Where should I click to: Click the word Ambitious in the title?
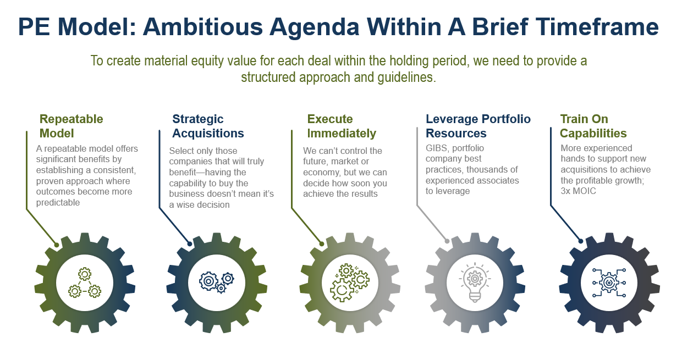pos(202,27)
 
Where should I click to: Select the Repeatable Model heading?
pos(71,126)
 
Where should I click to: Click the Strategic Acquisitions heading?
pos(208,126)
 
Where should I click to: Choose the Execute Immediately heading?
pos(342,126)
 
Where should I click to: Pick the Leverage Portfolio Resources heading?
pos(478,126)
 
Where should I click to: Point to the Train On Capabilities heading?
pos(593,126)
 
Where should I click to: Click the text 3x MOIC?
pos(578,191)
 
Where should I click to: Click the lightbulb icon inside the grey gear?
pos(475,283)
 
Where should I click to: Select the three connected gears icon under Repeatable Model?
pos(85,283)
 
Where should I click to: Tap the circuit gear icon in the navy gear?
pos(609,283)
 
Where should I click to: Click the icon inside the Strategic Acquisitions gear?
pos(217,283)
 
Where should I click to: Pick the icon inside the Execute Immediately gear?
pos(350,283)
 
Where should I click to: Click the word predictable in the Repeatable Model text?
pos(58,203)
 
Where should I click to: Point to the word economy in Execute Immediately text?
pos(321,173)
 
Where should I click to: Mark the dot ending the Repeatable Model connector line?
pos(57,245)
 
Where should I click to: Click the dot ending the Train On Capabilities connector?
pos(581,241)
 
